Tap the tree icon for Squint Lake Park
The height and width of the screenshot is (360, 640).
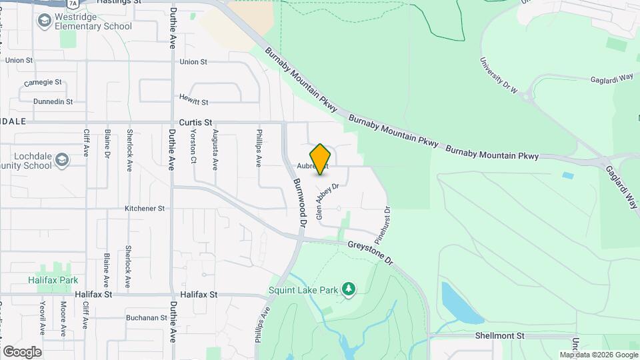(348, 289)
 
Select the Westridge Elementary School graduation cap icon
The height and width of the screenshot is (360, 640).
(44, 21)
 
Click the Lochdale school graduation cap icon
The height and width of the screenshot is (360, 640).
(62, 160)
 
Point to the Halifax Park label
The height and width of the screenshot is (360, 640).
(53, 281)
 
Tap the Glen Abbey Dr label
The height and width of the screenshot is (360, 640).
(327, 202)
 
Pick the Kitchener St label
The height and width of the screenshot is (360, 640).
(144, 209)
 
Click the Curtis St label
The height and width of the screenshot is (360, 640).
(195, 123)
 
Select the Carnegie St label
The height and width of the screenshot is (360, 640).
(43, 83)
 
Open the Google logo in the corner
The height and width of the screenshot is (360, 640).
(22, 351)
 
